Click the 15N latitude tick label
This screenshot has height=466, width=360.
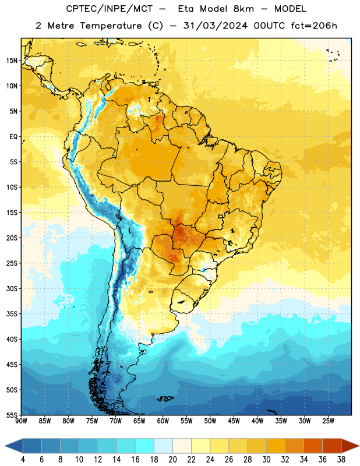coord(12,61)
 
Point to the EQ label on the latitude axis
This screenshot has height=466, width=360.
coord(13,137)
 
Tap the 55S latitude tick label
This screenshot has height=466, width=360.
coord(12,415)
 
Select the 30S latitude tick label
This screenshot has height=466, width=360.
coord(12,288)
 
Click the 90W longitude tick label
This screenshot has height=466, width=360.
coord(21,421)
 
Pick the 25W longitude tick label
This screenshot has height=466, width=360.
coord(329,421)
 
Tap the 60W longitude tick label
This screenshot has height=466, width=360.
coord(163,421)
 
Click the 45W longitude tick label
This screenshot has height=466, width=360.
coord(234,421)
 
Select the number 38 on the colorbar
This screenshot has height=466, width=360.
coord(341,460)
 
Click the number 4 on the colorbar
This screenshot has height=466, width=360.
coord(23,460)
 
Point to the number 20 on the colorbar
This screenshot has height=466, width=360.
coord(172,460)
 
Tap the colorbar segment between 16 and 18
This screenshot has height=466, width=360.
coord(145,446)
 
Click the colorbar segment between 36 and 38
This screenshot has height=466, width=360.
coord(332,446)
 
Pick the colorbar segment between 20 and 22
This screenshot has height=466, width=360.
coord(182,446)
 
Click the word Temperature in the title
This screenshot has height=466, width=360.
coord(111,26)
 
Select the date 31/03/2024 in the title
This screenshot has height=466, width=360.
coord(215,26)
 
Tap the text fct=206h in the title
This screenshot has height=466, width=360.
coord(314,26)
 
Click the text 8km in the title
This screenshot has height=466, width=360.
coord(243,9)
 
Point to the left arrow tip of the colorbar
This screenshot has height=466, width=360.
coord(5,446)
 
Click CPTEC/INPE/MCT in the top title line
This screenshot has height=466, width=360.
coord(109,9)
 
